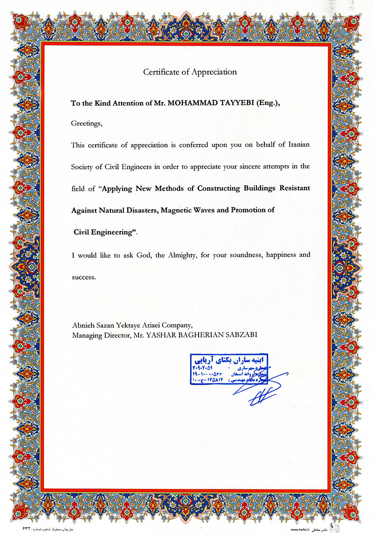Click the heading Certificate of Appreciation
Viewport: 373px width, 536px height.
190,72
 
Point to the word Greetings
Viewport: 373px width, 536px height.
86,124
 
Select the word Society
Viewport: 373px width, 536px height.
83,166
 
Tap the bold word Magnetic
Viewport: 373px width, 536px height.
180,210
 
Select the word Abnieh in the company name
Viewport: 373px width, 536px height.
83,326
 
